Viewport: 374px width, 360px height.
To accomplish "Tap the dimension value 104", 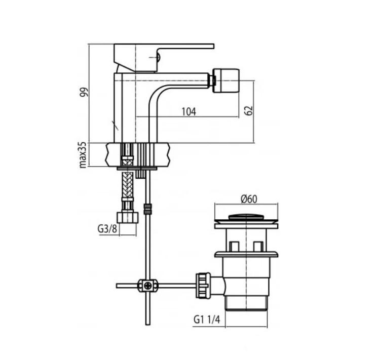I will click(188, 111).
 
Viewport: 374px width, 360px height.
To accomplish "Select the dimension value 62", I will click(249, 111).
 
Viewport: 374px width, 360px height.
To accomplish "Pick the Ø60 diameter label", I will click(247, 199).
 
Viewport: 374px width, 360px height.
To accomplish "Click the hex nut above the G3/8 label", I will click(127, 217).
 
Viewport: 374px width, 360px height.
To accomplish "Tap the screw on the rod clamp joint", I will click(147, 286).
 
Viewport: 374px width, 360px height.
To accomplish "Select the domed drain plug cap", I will click(247, 217).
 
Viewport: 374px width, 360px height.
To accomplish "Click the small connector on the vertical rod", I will click(147, 209).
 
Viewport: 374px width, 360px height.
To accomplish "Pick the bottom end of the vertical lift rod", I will click(147, 323).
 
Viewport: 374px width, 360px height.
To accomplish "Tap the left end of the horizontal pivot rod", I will click(118, 286).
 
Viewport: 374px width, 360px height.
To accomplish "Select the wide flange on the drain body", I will click(247, 254).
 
